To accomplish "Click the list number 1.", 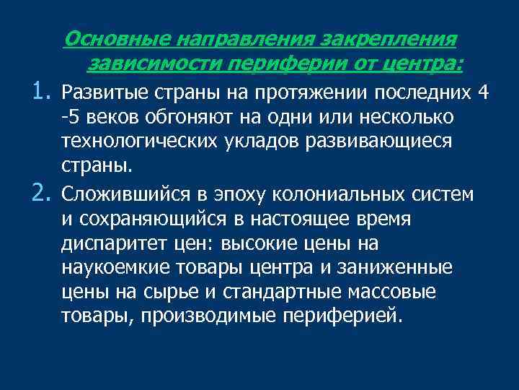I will [41, 91].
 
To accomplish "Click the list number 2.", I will [41, 192].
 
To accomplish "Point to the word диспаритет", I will [107, 243].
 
